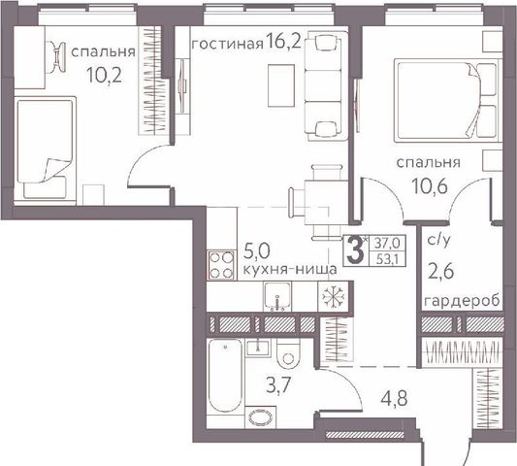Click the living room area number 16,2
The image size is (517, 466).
283,43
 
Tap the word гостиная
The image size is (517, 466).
228,44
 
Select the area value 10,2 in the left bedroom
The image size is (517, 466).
105,76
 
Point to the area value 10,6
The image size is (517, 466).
429,187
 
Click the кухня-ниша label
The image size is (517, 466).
290,269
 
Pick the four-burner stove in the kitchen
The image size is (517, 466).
221,265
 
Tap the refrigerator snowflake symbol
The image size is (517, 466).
333,296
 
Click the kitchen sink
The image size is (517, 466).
277,297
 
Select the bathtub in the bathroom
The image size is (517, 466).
225,376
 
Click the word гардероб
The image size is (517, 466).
462,301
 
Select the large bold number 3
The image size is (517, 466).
355,250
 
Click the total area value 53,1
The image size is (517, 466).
388,260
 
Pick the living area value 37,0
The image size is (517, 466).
388,244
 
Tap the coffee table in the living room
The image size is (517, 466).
281,85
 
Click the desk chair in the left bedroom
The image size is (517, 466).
57,56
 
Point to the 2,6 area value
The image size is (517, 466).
440,272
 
